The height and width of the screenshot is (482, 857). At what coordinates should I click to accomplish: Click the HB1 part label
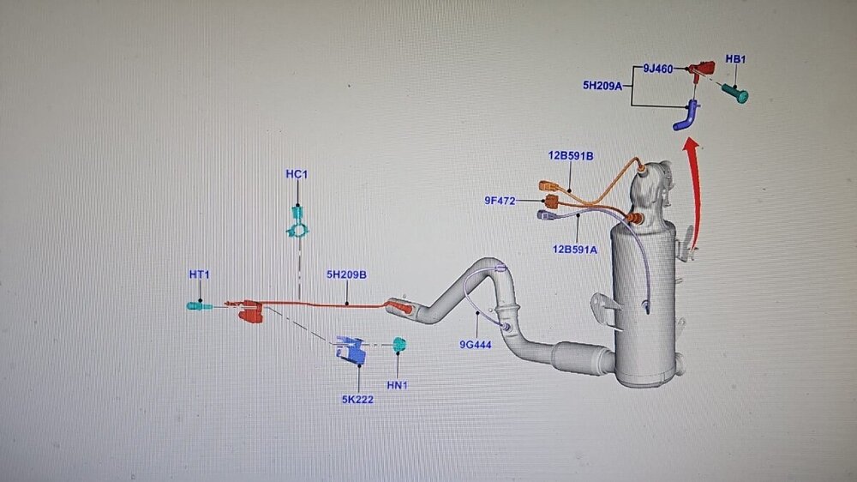click(x=735, y=59)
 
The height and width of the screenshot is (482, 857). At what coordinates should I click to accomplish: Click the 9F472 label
click(x=500, y=201)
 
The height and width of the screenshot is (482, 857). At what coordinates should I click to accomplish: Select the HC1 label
click(x=297, y=174)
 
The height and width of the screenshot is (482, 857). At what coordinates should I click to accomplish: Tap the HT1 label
click(x=199, y=274)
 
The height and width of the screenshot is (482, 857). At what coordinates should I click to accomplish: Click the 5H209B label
click(x=346, y=275)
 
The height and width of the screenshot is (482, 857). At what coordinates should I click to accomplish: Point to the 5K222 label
click(x=357, y=399)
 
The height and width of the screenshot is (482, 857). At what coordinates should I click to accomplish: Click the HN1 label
click(x=397, y=385)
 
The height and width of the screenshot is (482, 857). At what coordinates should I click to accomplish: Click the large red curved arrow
click(x=693, y=197)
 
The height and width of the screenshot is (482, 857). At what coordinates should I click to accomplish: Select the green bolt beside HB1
click(x=735, y=92)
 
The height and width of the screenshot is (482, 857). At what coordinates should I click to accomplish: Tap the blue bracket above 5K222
click(x=351, y=349)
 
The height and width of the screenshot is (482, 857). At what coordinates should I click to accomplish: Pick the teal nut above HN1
click(x=398, y=344)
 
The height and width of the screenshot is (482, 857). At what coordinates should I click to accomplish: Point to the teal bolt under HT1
click(x=200, y=305)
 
